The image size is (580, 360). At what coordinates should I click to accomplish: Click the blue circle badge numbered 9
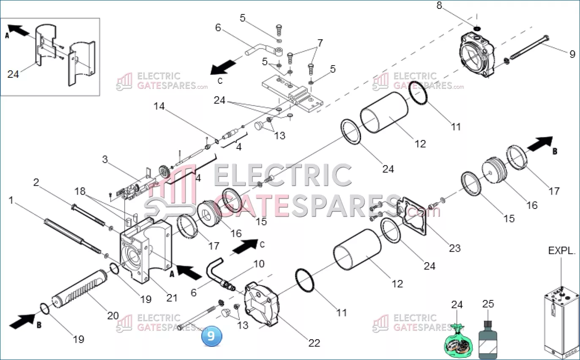pyautogui.click(x=211, y=336)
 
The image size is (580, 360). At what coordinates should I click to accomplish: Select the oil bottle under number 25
pyautogui.click(x=488, y=340)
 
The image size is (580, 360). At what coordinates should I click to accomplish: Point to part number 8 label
pyautogui.click(x=439, y=5)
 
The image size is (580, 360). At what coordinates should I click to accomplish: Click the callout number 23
pyautogui.click(x=455, y=248)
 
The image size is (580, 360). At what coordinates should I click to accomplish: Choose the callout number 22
pyautogui.click(x=315, y=343)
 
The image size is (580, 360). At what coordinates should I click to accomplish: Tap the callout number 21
pyautogui.click(x=172, y=298)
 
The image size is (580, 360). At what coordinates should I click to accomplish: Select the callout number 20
pyautogui.click(x=113, y=316)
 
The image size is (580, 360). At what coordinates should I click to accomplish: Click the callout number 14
pyautogui.click(x=159, y=106)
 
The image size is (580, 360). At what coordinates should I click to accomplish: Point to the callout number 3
pyautogui.click(x=104, y=159)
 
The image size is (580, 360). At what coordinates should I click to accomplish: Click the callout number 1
pyautogui.click(x=11, y=200)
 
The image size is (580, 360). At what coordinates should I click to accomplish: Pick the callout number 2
pyautogui.click(x=36, y=182)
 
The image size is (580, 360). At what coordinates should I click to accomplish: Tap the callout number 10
pyautogui.click(x=259, y=264)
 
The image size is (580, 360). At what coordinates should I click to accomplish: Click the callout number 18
pyautogui.click(x=80, y=191)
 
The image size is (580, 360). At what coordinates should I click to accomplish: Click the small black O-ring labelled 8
pyautogui.click(x=477, y=28)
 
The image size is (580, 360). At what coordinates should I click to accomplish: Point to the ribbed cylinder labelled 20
pyautogui.click(x=79, y=289)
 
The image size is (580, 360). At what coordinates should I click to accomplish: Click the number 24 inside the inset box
pyautogui.click(x=13, y=74)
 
